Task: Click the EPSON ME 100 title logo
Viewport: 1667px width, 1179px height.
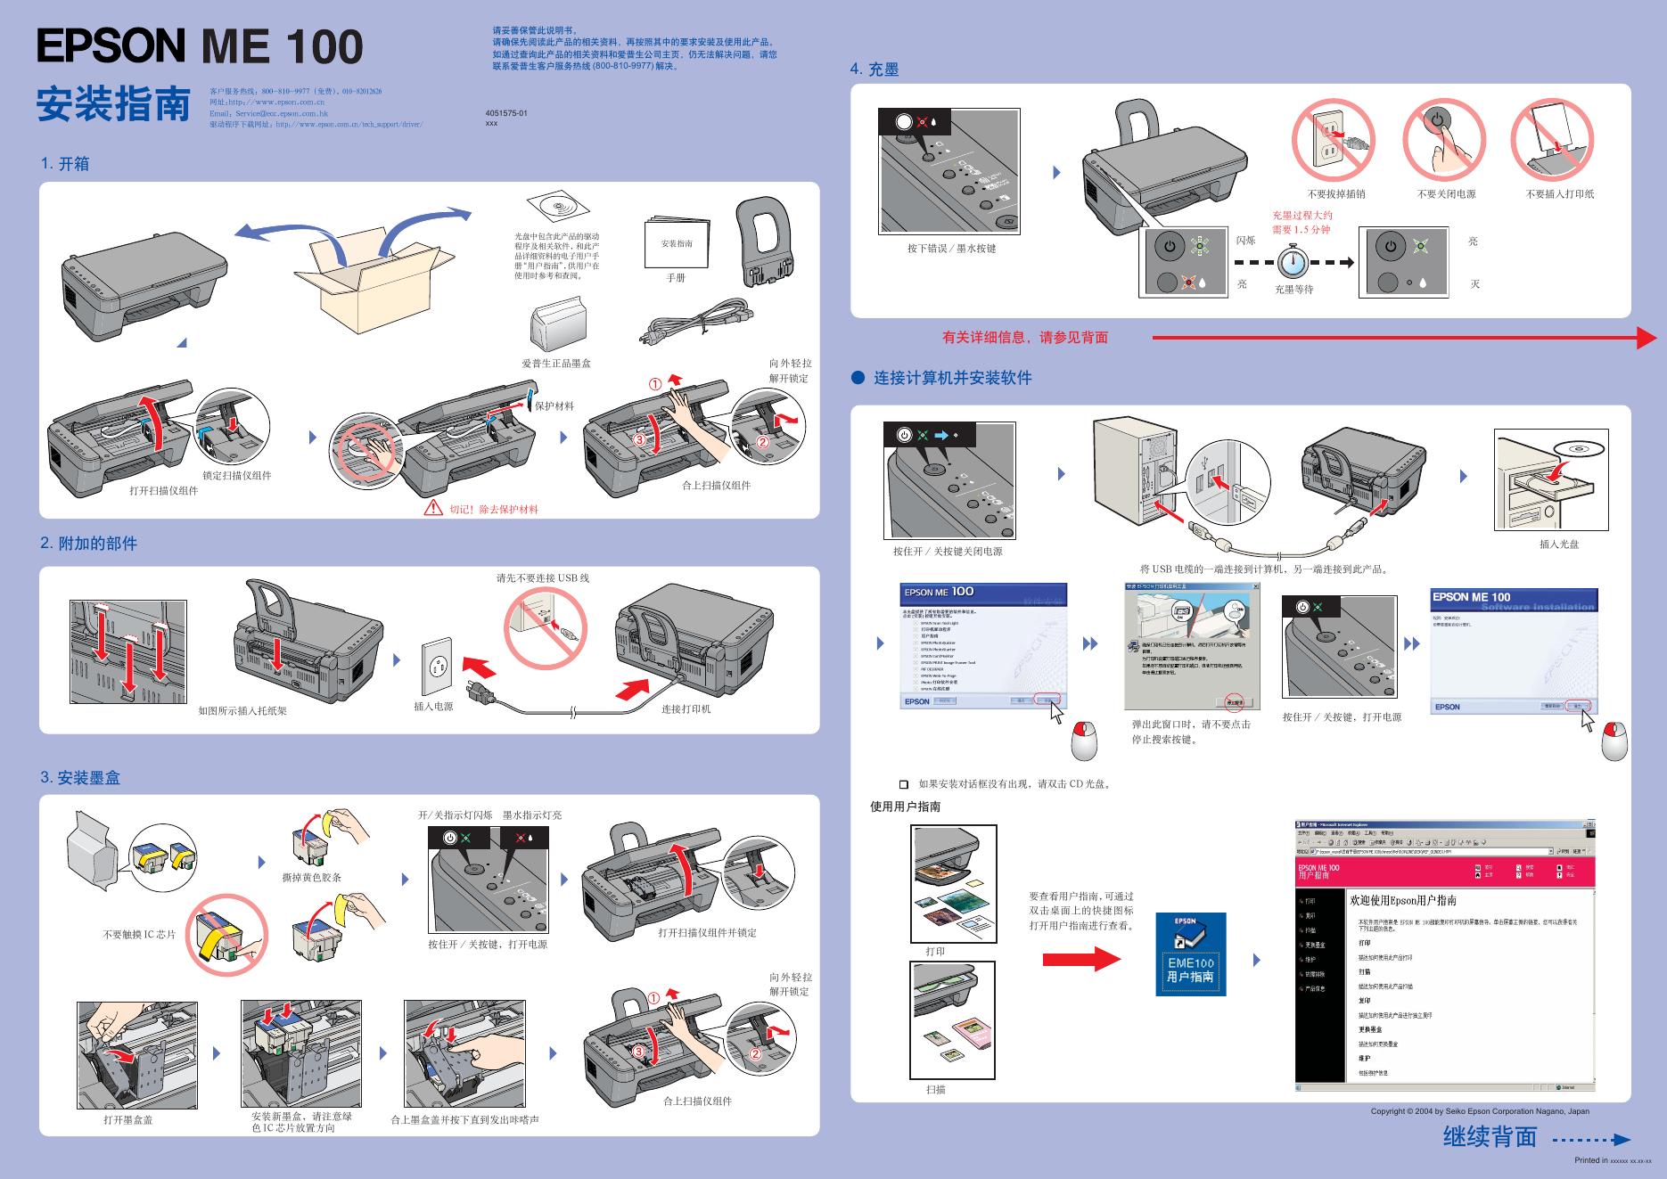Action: [200, 46]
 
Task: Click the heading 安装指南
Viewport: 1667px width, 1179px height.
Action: [113, 104]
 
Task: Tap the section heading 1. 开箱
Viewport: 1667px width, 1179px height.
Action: [65, 164]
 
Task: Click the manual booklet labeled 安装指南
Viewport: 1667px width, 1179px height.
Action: [677, 242]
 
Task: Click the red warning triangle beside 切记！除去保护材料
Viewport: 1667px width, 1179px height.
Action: [432, 508]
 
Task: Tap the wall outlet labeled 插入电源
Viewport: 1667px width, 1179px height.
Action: [437, 666]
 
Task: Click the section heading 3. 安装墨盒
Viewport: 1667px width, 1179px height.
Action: [80, 778]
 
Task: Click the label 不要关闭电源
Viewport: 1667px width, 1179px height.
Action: [1446, 194]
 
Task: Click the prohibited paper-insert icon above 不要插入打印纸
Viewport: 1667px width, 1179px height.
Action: [1552, 140]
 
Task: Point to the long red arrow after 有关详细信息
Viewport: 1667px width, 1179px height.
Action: [1404, 338]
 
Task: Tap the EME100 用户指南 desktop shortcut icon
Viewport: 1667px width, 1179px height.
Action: [1190, 954]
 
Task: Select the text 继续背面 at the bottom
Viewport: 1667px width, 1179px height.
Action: [1490, 1137]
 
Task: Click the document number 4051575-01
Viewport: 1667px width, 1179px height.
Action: [506, 113]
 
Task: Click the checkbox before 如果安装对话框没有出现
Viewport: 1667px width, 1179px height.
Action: [904, 784]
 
